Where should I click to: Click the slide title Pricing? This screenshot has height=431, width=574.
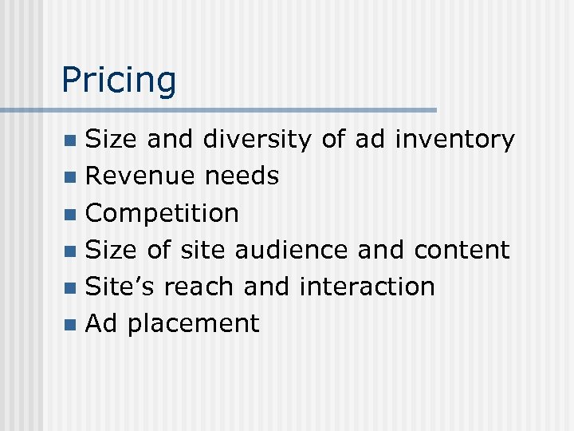click(x=119, y=81)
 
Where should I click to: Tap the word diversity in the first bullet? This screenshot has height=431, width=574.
click(x=257, y=140)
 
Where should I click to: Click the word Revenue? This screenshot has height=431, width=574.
click(x=140, y=176)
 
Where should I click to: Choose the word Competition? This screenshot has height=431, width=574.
click(x=162, y=214)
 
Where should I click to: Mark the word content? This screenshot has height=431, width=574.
click(x=462, y=250)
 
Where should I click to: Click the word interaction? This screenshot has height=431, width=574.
click(x=367, y=287)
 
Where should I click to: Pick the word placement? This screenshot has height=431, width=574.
click(x=194, y=324)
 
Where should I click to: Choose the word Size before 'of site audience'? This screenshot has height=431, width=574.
click(x=112, y=250)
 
